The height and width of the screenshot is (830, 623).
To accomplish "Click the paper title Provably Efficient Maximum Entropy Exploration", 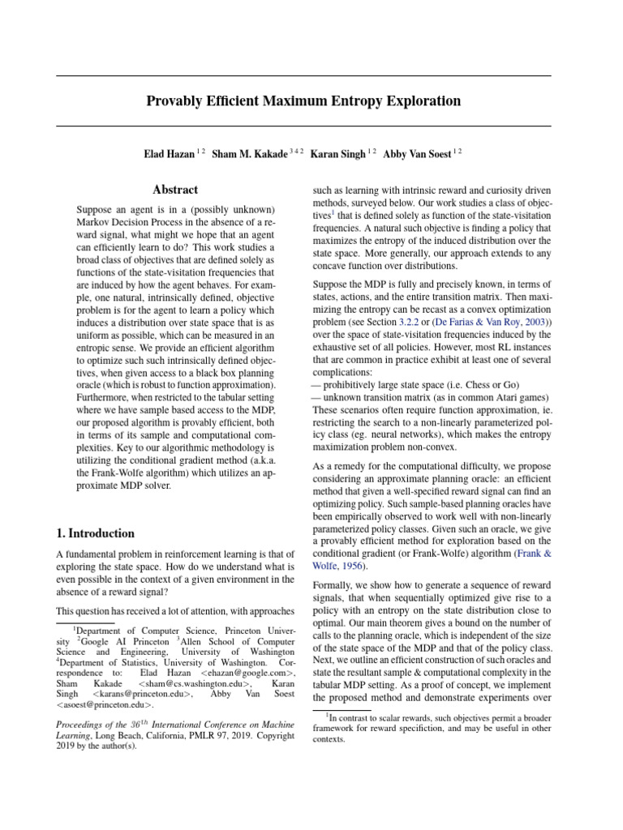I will (303, 101).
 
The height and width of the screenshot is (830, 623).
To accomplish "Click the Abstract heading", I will (175, 190).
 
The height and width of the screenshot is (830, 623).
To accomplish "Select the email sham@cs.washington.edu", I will (190, 683).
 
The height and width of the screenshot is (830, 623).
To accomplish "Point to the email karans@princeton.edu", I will (143, 694).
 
